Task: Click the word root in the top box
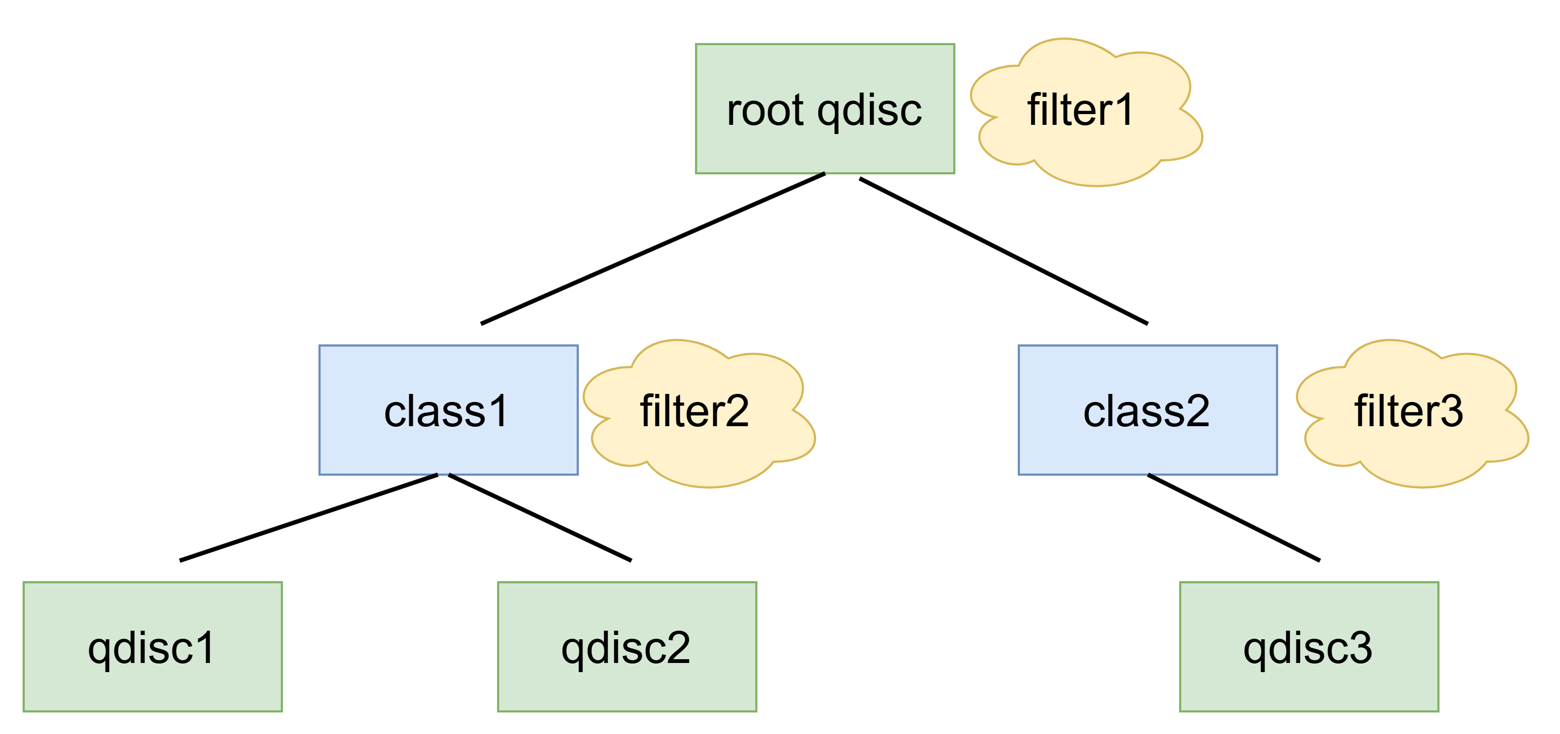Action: pyautogui.click(x=765, y=111)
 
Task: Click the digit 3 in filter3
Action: pyautogui.click(x=1449, y=411)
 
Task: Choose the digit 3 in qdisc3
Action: pyautogui.click(x=1359, y=647)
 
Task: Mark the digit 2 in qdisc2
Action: pyautogui.click(x=677, y=647)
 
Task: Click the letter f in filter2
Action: pyautogui.click(x=647, y=410)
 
